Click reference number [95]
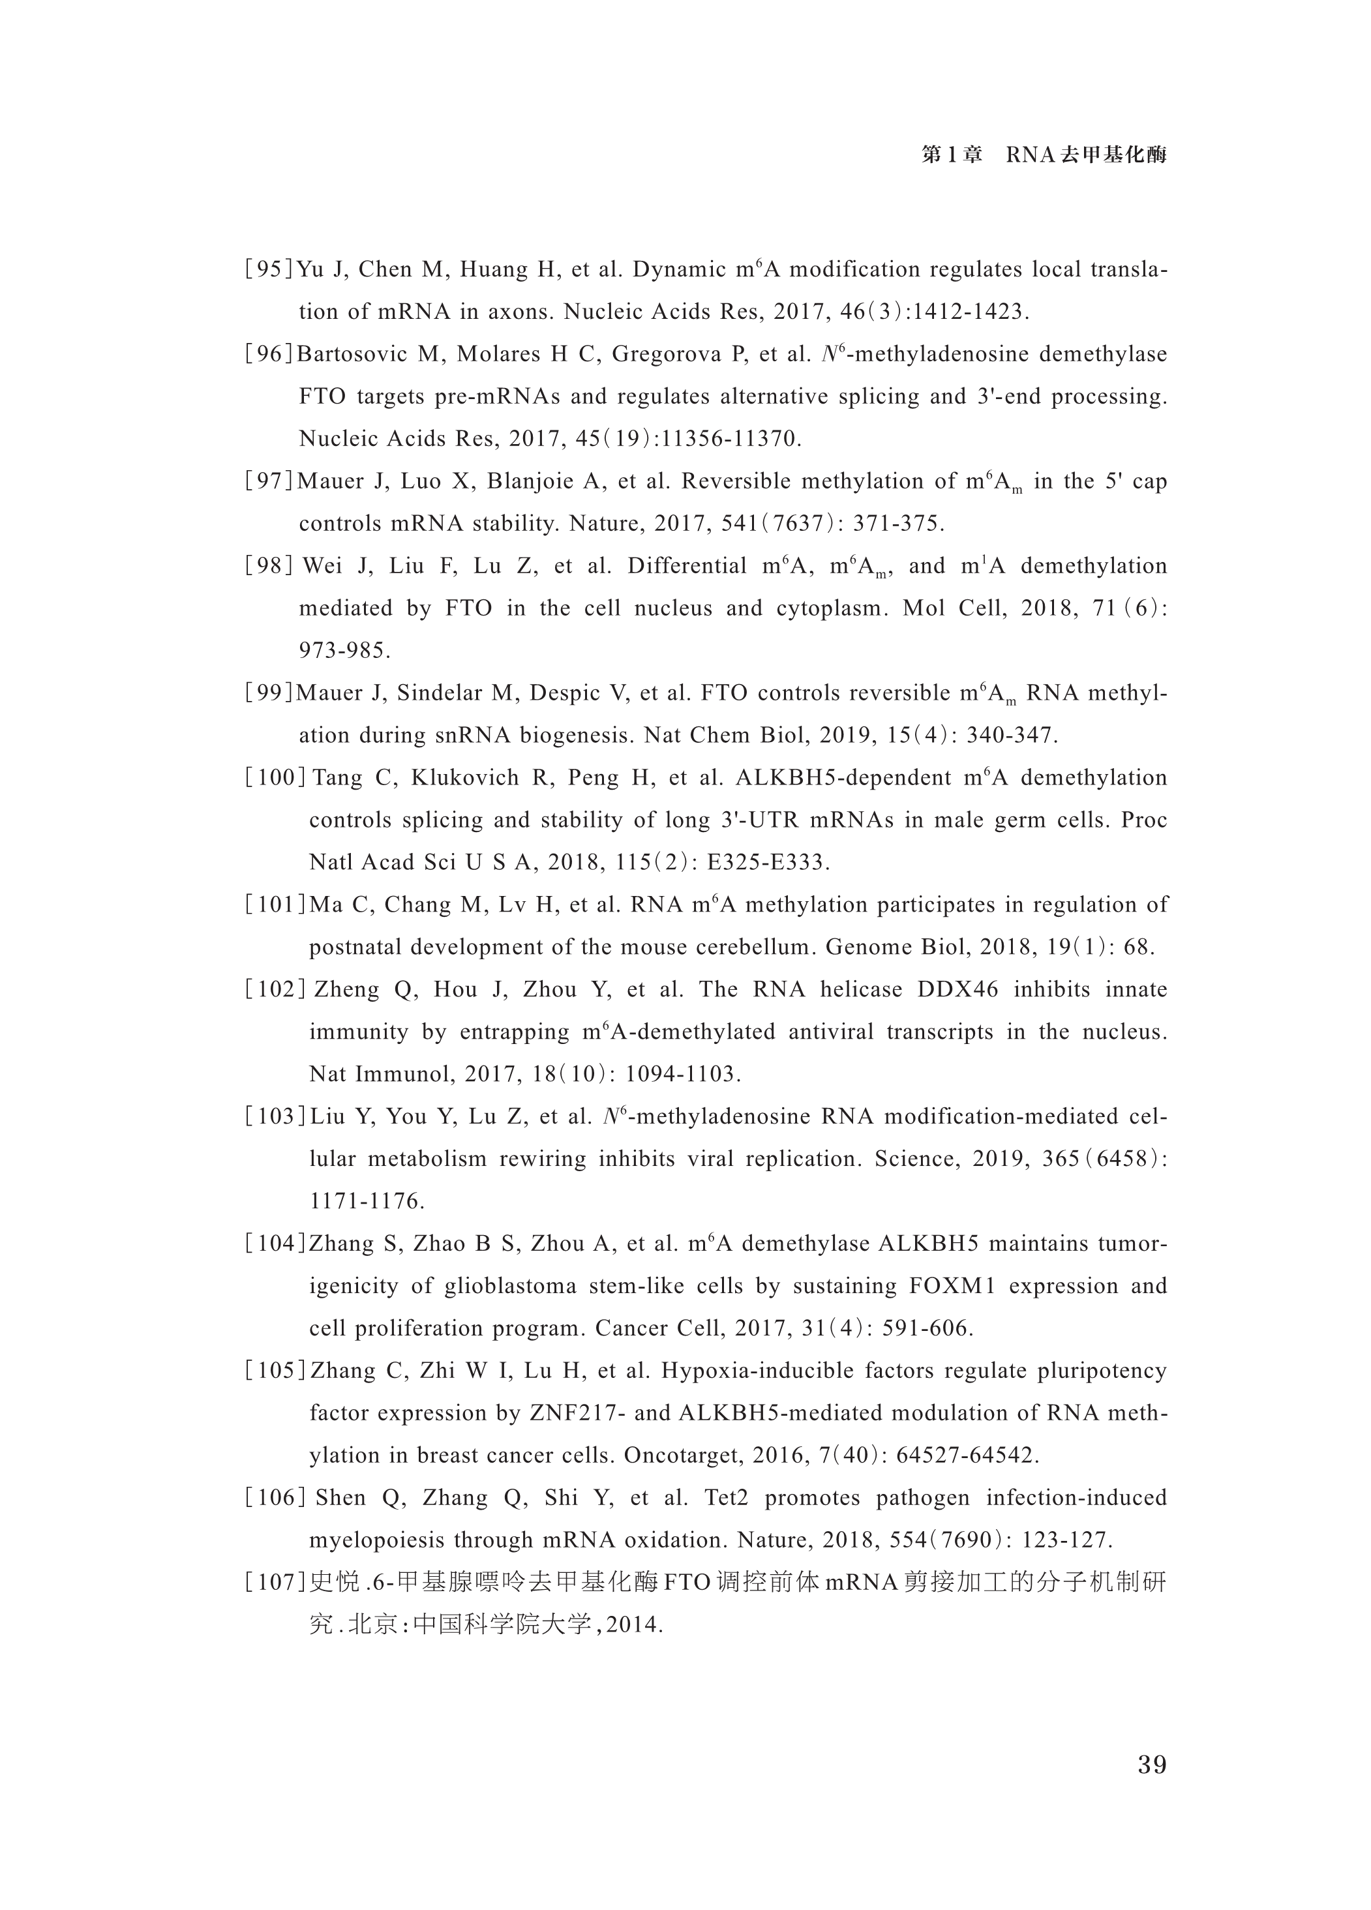[269, 269]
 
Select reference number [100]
[275, 777]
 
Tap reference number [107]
[275, 1583]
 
